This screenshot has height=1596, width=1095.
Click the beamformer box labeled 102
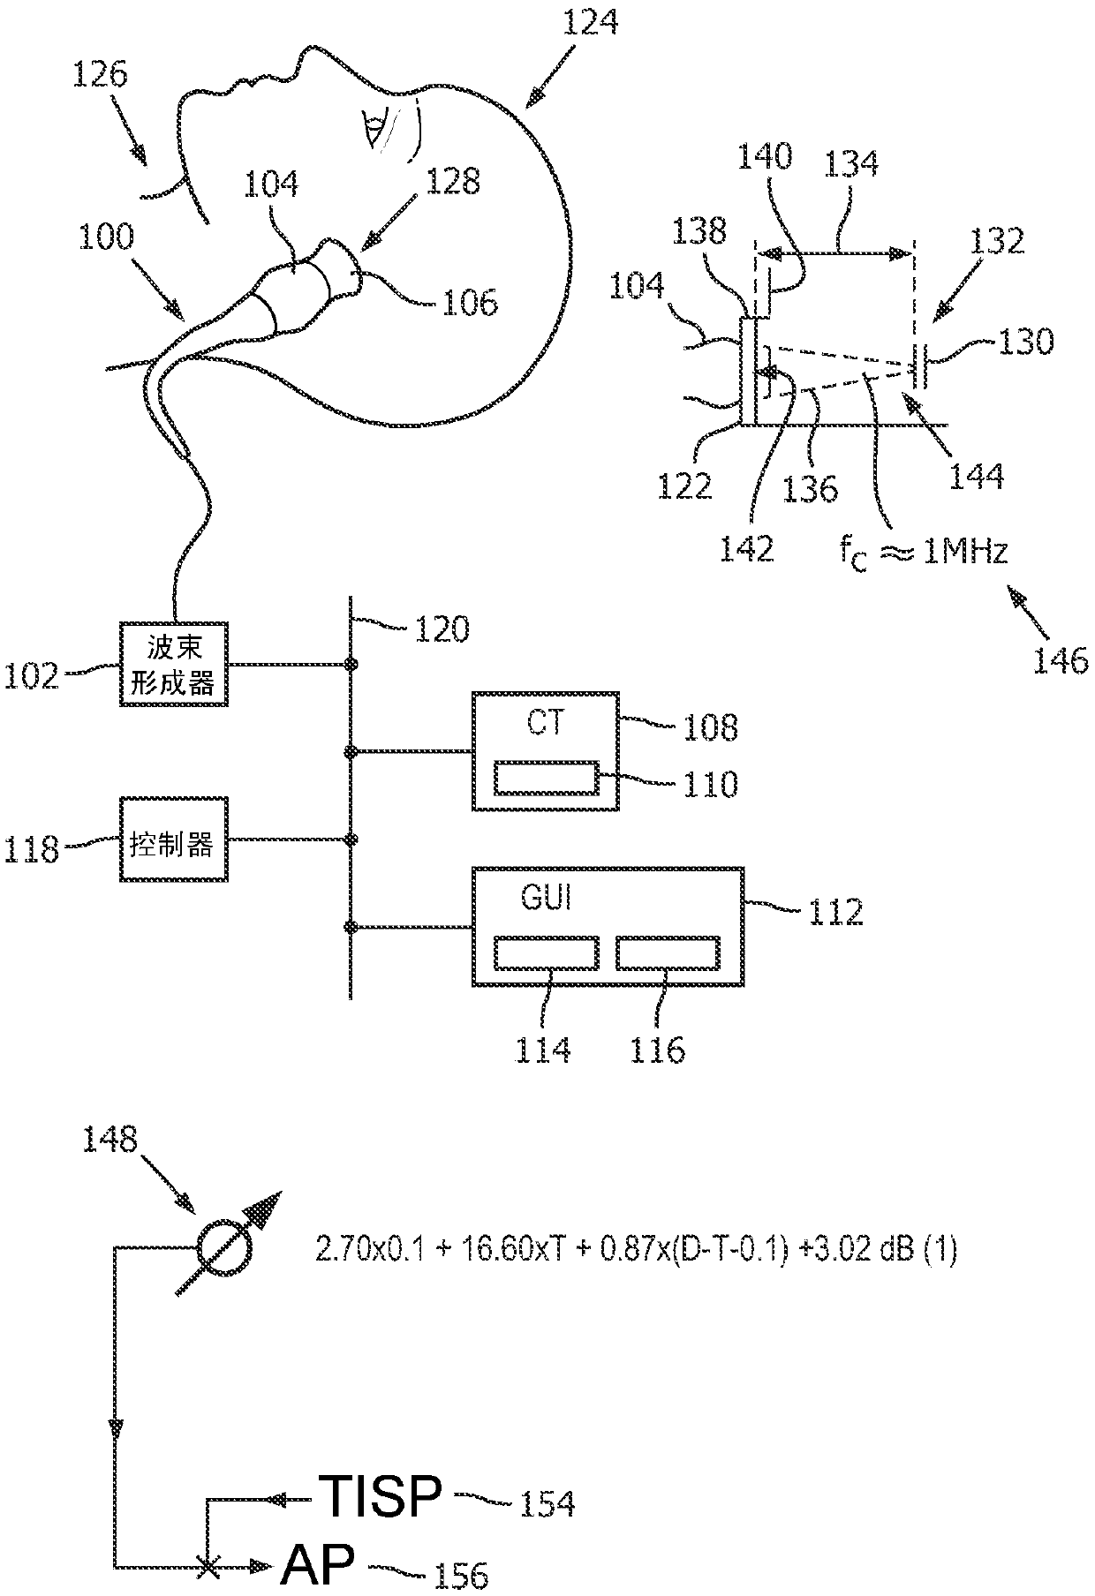(x=173, y=663)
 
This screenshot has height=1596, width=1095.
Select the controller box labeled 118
(x=173, y=839)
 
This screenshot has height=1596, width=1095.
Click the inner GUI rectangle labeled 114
(x=547, y=953)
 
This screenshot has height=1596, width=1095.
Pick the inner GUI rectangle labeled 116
(x=668, y=953)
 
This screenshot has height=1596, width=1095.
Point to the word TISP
(x=380, y=1497)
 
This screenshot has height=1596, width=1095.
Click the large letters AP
(x=318, y=1562)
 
